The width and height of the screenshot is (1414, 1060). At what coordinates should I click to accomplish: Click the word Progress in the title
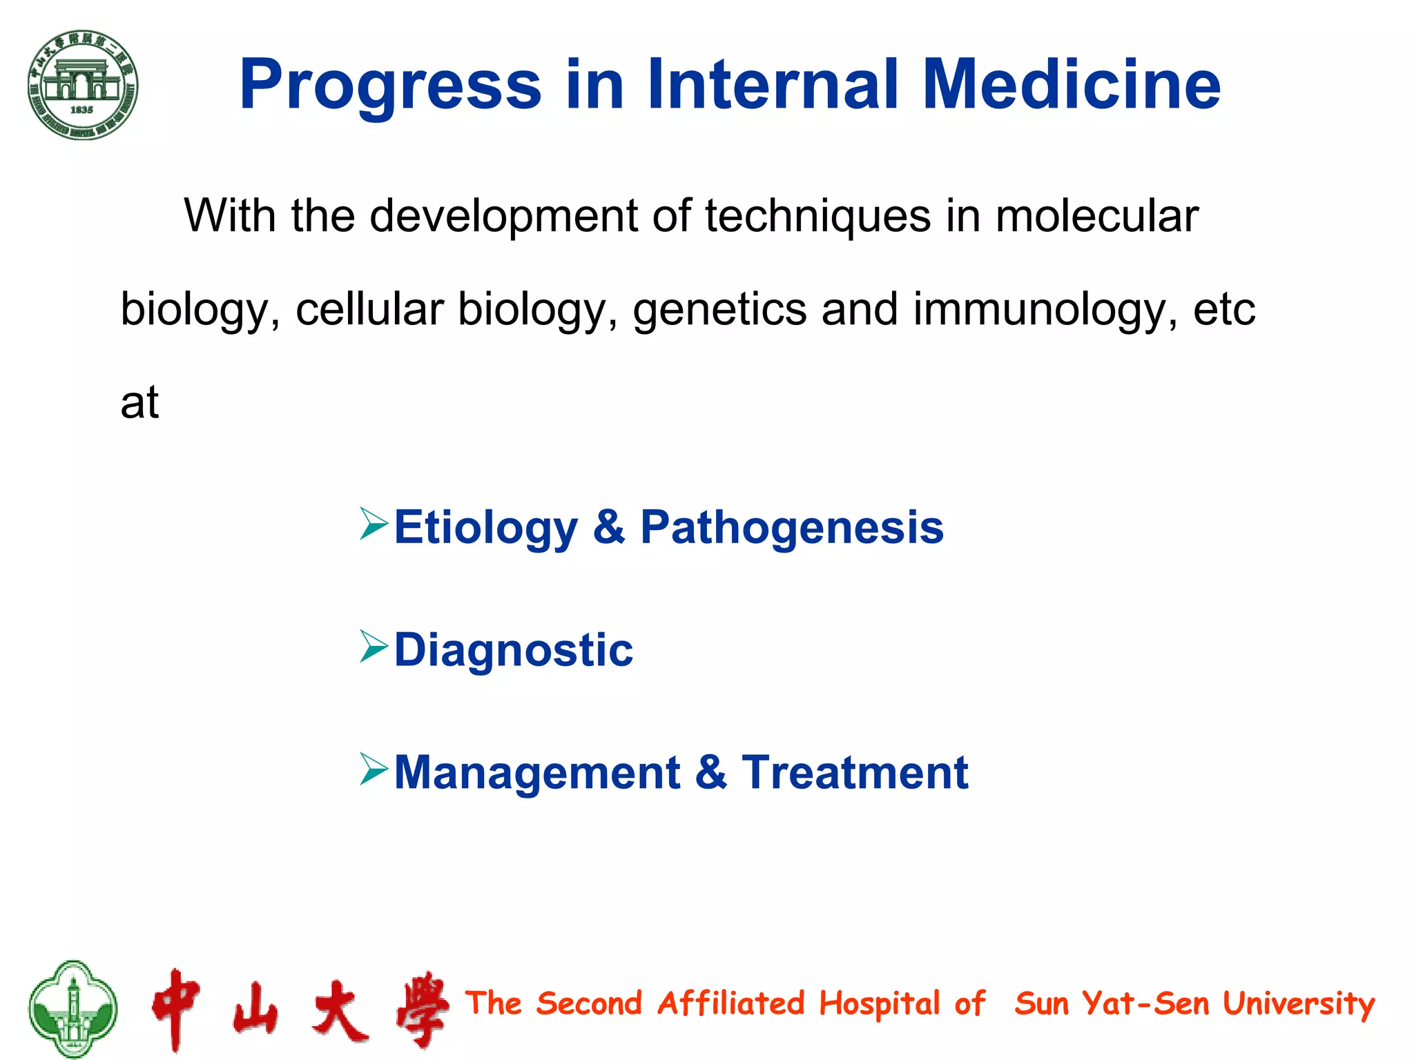pos(390,86)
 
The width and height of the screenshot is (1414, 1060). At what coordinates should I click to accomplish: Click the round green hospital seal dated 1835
pos(83,85)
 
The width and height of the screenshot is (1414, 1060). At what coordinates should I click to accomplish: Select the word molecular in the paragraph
pos(1096,217)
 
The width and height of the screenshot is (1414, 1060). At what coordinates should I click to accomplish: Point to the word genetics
pos(719,309)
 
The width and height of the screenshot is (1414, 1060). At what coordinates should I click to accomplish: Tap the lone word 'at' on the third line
pos(139,403)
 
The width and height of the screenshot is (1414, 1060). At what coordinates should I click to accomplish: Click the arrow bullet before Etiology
pos(374,524)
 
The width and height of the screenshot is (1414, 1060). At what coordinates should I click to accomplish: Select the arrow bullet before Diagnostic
pos(374,647)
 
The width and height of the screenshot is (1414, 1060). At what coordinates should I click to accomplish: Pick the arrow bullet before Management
pos(374,769)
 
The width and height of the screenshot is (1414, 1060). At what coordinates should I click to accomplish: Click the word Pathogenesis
pos(791,529)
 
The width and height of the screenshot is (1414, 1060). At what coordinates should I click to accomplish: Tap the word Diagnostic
pos(513,651)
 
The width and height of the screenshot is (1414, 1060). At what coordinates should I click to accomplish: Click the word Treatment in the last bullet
pos(855,773)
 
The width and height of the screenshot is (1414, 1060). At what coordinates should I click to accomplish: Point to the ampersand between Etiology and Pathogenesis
pos(609,528)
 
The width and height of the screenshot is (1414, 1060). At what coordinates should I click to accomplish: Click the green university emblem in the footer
pos(72,1008)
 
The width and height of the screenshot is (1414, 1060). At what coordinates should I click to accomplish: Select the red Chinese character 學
pos(423,1009)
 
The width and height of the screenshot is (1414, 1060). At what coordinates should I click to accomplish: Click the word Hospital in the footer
pos(880,1004)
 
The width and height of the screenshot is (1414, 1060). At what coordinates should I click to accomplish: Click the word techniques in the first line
pos(817,217)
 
